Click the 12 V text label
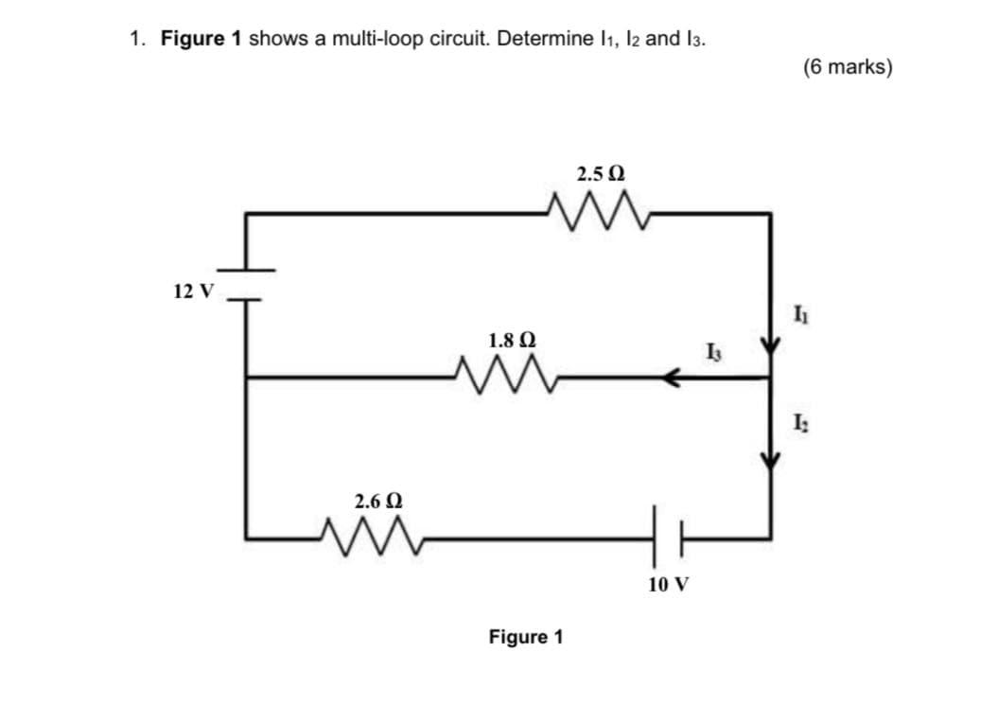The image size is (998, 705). tap(194, 290)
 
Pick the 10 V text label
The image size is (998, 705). tap(669, 584)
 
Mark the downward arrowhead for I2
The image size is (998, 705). tap(771, 458)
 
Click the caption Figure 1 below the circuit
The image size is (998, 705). tap(525, 637)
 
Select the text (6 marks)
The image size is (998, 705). tap(847, 67)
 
